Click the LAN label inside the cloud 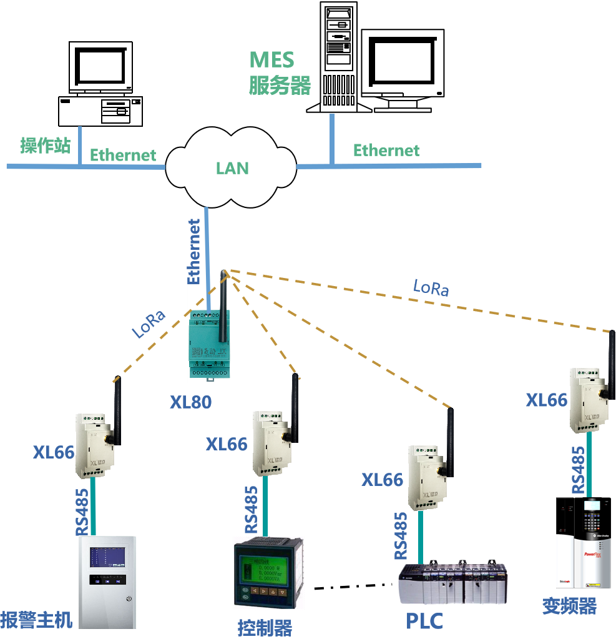(232, 168)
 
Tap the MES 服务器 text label (279, 72)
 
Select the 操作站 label (45, 146)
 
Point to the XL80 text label (191, 402)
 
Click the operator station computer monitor (100, 68)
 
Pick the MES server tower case (339, 56)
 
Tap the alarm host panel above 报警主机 (108, 581)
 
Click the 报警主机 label (36, 620)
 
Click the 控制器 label (265, 627)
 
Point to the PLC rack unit (452, 583)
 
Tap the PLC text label (424, 622)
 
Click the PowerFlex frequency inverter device (584, 542)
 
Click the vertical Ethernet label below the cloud (194, 251)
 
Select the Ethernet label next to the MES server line (386, 151)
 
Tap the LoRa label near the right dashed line (431, 287)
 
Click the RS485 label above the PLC (401, 535)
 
